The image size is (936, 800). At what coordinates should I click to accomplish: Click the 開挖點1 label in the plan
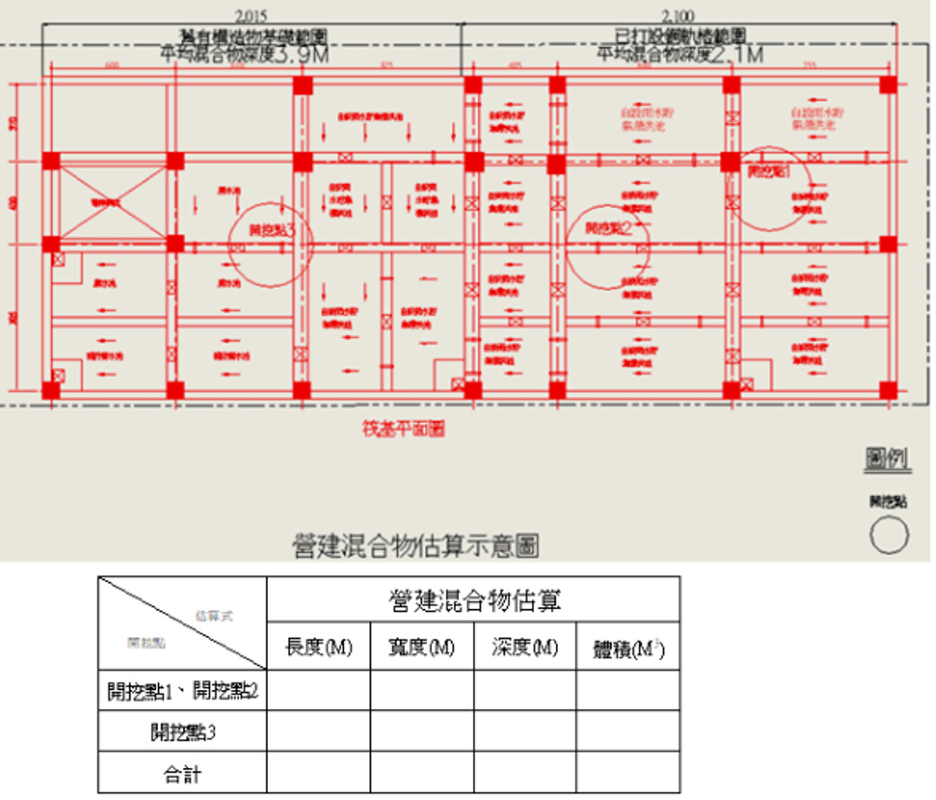769,171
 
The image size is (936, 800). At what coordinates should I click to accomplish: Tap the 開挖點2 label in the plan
608,229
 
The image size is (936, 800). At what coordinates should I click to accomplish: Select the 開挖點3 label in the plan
271,230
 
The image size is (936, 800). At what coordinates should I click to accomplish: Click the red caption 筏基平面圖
403,429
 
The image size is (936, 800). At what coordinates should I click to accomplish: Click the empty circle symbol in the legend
890,534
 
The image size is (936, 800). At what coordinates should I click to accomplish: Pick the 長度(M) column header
318,647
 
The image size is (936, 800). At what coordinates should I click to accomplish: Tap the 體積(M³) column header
628,649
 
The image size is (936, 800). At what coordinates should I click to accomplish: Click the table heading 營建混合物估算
474,600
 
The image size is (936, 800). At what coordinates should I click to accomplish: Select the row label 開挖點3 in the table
183,732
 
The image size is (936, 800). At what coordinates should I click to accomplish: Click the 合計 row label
183,774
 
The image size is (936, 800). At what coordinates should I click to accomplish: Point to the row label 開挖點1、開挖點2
183,691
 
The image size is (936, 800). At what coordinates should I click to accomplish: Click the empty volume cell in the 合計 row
628,773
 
